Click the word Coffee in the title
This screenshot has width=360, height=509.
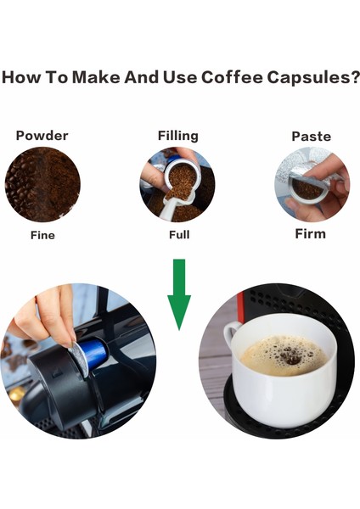(x=231, y=79)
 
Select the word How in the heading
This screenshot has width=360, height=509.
(x=20, y=79)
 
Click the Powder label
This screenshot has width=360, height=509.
(x=42, y=136)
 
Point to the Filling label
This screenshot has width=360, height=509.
(x=177, y=136)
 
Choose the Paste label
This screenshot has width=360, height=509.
(x=311, y=136)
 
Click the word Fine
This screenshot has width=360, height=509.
(x=42, y=234)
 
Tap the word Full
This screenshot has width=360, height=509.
(x=178, y=234)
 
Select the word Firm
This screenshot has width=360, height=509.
(x=310, y=233)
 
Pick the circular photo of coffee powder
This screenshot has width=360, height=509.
(x=42, y=184)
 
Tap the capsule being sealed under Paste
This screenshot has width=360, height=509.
(x=308, y=188)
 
